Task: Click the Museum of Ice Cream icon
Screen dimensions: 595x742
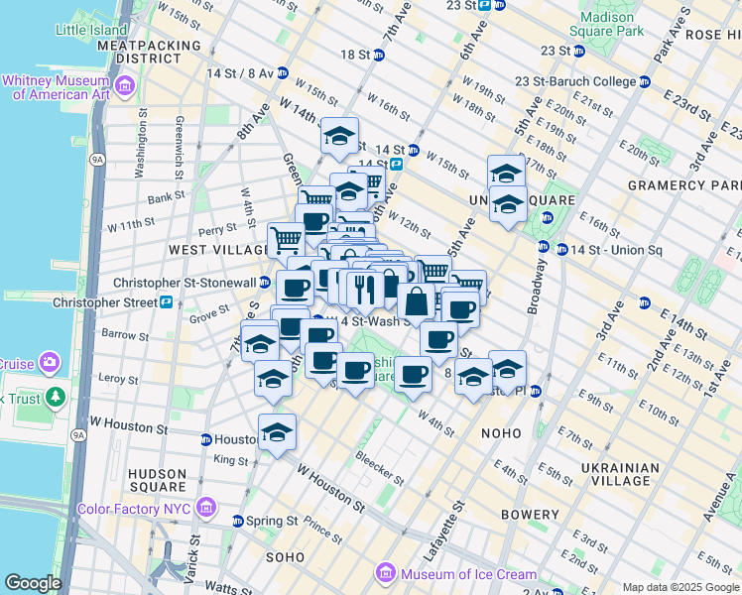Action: pos(385,574)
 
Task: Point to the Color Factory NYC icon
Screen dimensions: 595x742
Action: pos(206,509)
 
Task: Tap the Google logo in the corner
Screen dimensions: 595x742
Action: pos(33,583)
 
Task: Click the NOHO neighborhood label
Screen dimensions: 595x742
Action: pos(500,433)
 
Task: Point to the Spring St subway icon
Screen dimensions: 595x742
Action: pos(238,521)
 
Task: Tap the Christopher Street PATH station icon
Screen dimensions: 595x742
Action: pos(167,302)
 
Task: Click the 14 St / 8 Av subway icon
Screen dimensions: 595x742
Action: pos(283,72)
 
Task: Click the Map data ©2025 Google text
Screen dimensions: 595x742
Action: pos(680,587)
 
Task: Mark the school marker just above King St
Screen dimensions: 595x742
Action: pos(278,432)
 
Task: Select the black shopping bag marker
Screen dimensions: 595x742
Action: pos(418,300)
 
